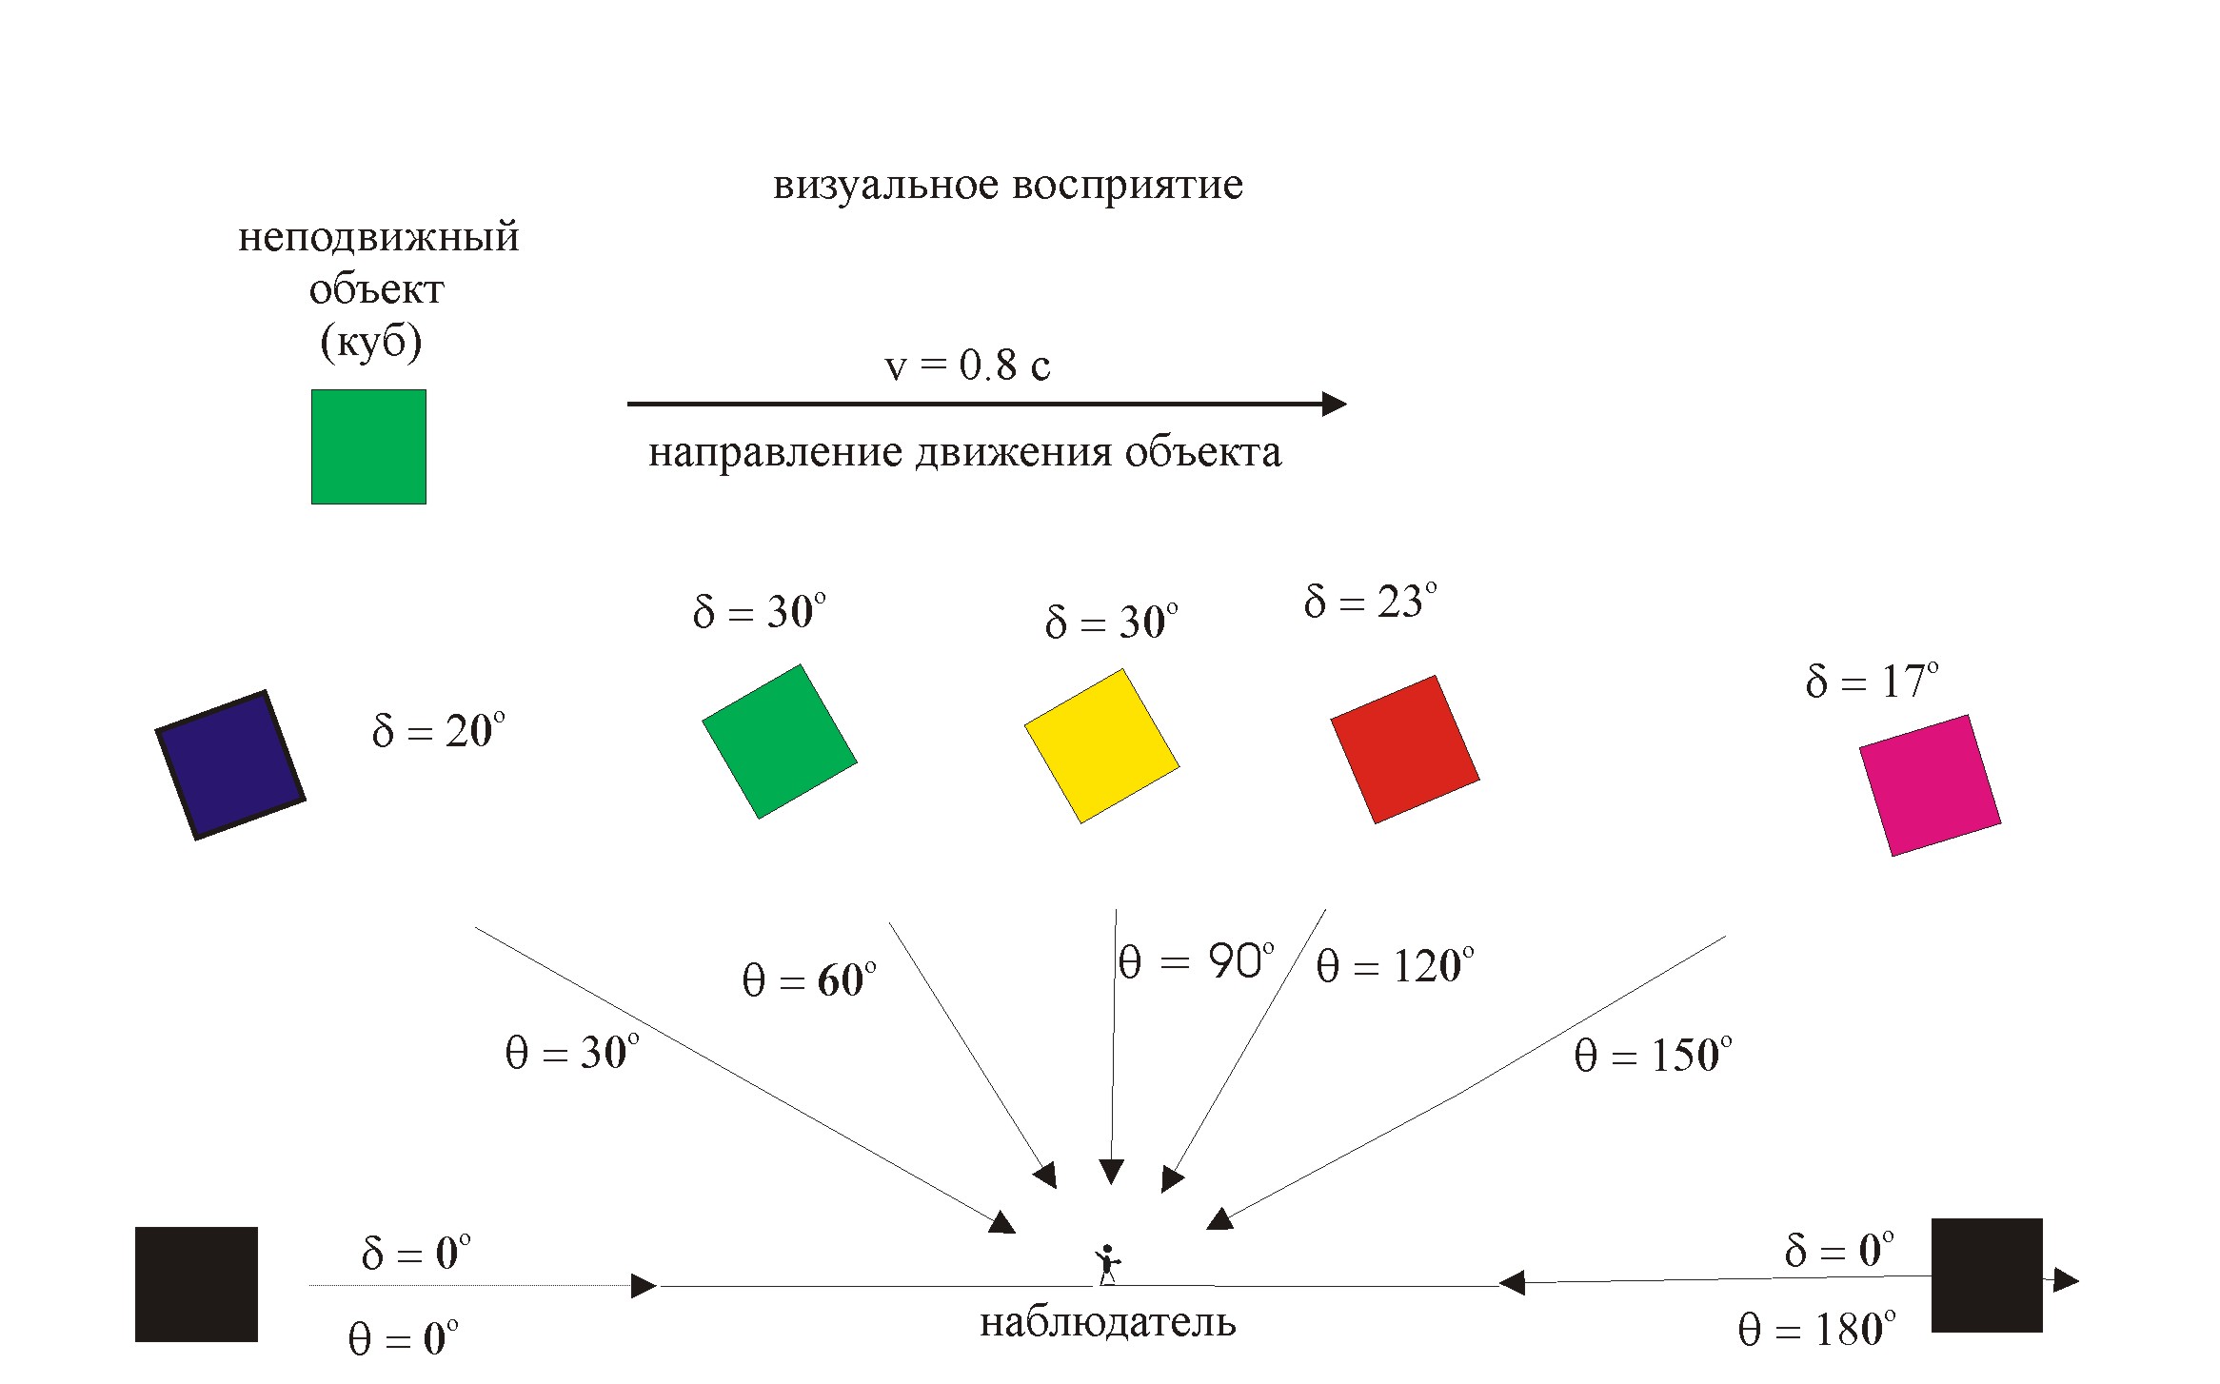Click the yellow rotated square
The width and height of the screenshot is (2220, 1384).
1101,745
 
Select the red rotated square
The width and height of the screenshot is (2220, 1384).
1404,749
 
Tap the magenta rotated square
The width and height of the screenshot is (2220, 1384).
1930,785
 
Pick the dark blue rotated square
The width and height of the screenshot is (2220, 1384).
230,765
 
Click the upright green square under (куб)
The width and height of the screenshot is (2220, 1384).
368,446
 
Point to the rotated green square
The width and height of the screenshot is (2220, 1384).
780,741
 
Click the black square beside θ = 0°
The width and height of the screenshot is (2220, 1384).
196,1284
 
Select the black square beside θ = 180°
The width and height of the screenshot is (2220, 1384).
1987,1275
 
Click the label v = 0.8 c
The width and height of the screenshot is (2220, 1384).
967,366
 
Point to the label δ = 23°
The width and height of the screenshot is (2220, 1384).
1370,602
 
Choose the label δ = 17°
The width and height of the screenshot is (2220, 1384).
1872,682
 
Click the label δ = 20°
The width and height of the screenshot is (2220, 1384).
438,731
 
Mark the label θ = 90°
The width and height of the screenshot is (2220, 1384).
1196,962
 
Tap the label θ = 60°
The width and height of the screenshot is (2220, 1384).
808,980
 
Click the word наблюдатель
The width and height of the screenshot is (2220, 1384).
1107,1322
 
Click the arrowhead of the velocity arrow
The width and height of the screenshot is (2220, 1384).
1334,404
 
